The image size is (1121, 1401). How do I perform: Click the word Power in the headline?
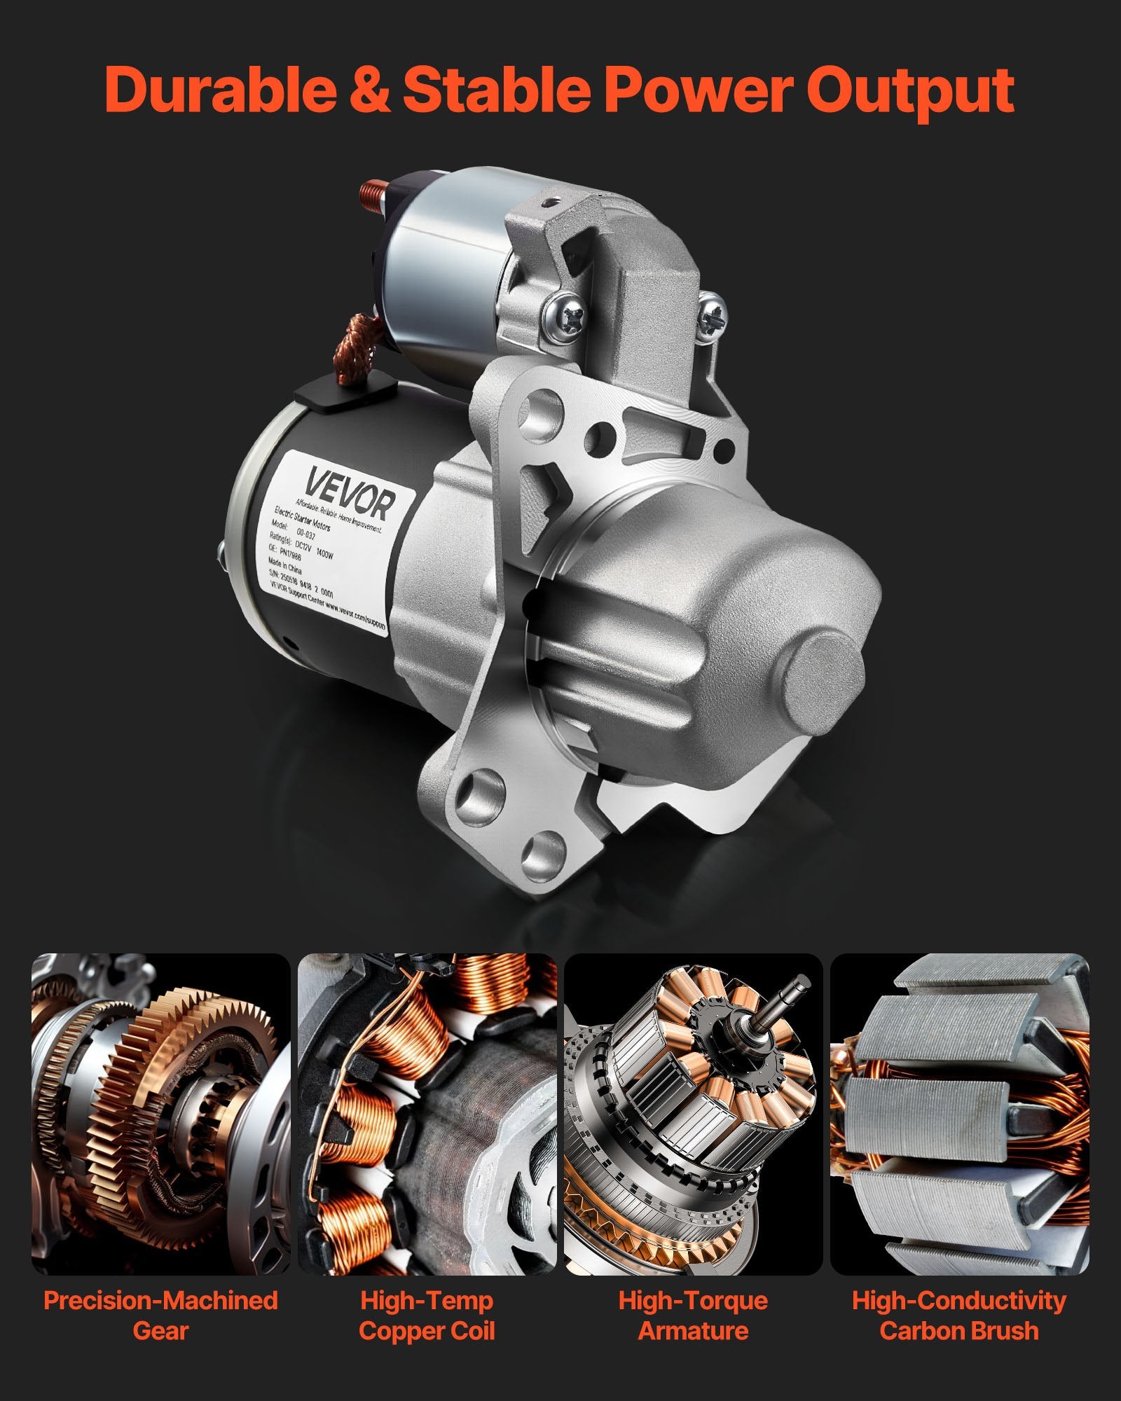(694, 90)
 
